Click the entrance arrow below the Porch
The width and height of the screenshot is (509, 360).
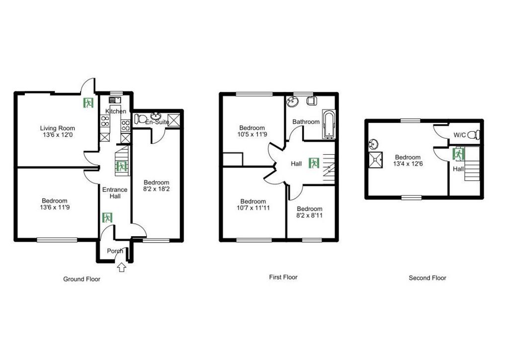[x=121, y=268]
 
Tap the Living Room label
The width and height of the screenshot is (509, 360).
[x=58, y=128]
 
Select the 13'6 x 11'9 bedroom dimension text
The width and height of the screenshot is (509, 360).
[x=55, y=207]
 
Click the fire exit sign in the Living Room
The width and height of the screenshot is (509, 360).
[x=88, y=102]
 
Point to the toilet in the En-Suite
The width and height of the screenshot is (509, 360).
[x=141, y=119]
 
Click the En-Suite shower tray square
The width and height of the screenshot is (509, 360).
[x=173, y=120]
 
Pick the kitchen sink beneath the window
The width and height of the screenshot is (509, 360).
[x=115, y=100]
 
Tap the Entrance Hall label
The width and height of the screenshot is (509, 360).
[x=115, y=193]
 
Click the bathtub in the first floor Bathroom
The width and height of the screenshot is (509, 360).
[x=328, y=124]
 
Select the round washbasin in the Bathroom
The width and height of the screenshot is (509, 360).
[x=292, y=102]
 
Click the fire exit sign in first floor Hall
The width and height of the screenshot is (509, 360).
[x=314, y=163]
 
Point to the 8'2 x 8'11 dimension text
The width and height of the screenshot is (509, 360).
[x=309, y=215]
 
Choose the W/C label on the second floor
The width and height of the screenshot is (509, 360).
[x=460, y=135]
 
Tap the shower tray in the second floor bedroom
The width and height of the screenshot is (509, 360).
[x=376, y=160]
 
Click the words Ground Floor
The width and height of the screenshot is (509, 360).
[x=82, y=279]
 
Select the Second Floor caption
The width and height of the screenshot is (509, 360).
[x=427, y=278]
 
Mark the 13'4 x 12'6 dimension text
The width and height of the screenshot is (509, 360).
[x=408, y=164]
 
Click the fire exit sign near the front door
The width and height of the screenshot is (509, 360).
[x=107, y=217]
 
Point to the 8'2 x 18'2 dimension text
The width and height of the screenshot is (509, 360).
[x=157, y=189]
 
